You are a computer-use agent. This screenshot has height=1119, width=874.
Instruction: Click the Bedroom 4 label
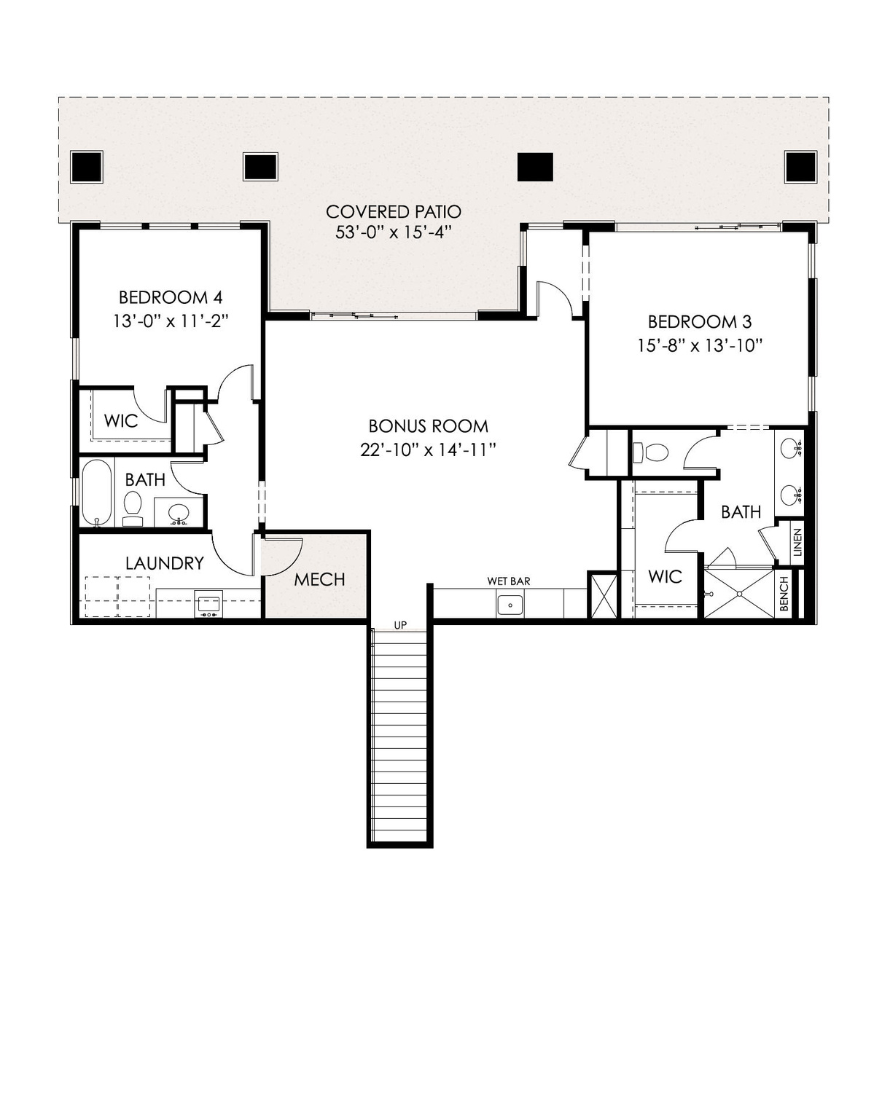pos(171,298)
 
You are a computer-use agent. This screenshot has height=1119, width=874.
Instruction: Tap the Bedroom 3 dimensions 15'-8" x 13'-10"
pos(699,345)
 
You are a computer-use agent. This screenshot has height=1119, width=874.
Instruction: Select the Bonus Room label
pos(428,426)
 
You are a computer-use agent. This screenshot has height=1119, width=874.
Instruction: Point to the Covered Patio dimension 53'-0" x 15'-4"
pos(394,232)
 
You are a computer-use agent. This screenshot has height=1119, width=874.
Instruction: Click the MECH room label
pos(319,580)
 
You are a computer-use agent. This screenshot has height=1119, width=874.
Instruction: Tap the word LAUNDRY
pos(165,563)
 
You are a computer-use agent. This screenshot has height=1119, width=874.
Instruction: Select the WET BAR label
pos(509,581)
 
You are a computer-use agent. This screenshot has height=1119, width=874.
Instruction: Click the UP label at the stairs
pos(400,625)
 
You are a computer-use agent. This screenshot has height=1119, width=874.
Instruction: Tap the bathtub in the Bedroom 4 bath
pos(97,493)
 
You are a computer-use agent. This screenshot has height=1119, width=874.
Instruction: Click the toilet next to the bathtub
pos(133,509)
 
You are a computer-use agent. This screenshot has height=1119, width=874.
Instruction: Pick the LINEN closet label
pos(797,543)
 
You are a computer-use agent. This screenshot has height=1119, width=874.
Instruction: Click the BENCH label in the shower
pos(784,594)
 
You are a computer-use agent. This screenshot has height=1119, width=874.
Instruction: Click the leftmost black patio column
pos(87,166)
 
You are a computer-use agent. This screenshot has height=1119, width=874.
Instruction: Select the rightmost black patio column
pos(801,166)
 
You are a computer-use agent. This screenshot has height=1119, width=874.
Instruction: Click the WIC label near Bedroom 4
pos(121,421)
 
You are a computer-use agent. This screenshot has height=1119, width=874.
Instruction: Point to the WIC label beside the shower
pos(665,576)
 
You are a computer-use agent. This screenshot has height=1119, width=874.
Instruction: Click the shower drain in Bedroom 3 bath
pos(740,594)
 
